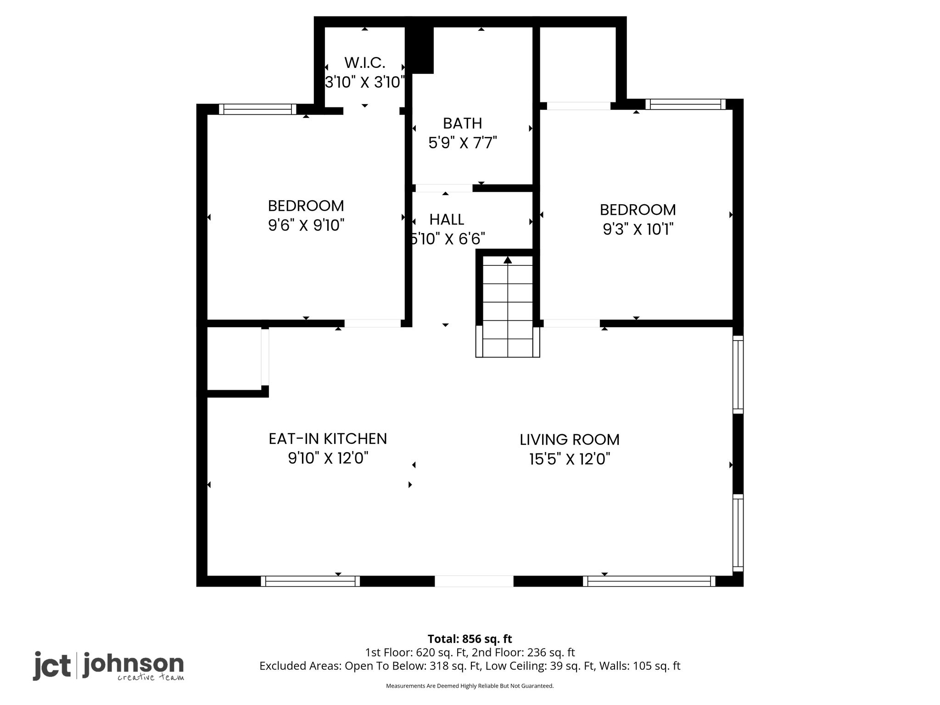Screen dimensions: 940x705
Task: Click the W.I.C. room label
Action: tap(365, 62)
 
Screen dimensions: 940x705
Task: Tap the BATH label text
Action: tap(463, 123)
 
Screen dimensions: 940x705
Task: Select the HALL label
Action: tap(447, 220)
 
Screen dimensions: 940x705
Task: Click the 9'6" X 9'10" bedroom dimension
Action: tap(306, 225)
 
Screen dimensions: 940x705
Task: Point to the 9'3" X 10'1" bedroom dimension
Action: tap(638, 229)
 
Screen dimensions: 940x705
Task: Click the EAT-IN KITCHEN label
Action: tap(328, 439)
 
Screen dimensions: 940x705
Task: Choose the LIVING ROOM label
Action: tap(570, 440)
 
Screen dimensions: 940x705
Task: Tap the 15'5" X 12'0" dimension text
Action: tap(570, 459)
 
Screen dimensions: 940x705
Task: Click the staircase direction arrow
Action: tap(508, 260)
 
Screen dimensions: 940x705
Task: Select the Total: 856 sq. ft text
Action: tap(470, 639)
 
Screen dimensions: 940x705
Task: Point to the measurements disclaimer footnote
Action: tap(470, 686)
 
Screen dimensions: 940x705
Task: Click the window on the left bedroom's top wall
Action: tap(257, 109)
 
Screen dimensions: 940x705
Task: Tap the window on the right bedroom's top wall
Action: tap(686, 104)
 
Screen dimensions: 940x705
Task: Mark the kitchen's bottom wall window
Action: tap(310, 581)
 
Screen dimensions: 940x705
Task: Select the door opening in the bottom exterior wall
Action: tap(474, 581)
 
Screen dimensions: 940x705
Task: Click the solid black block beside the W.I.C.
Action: tap(420, 50)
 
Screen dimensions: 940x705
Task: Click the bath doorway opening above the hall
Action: tap(444, 188)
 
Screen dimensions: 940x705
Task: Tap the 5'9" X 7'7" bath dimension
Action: tap(463, 143)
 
